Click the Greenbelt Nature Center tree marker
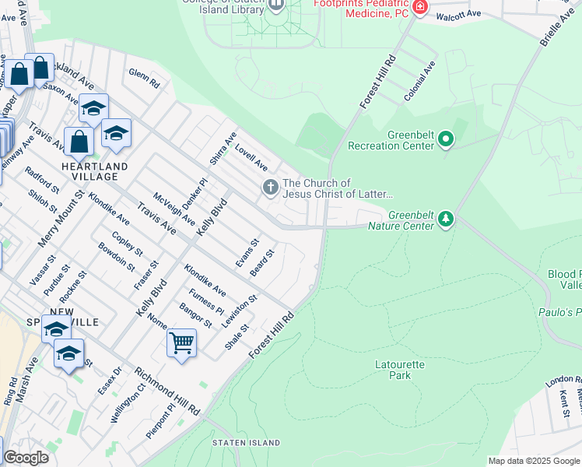[445, 219]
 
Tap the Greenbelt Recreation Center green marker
[446, 140]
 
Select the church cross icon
[270, 187]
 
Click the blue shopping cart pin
[181, 342]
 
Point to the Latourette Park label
[389, 369]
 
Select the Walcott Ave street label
[459, 16]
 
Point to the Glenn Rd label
[145, 78]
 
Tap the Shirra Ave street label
[223, 148]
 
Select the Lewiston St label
[239, 311]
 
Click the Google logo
[25, 458]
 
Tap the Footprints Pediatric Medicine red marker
[420, 7]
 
